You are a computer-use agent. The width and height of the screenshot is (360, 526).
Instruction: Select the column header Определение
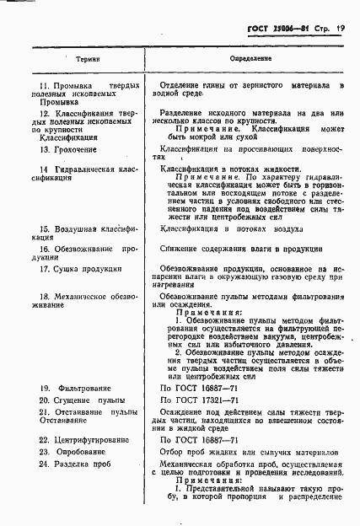(x=250, y=61)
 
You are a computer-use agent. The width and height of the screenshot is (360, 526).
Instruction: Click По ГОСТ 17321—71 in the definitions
(x=203, y=400)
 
